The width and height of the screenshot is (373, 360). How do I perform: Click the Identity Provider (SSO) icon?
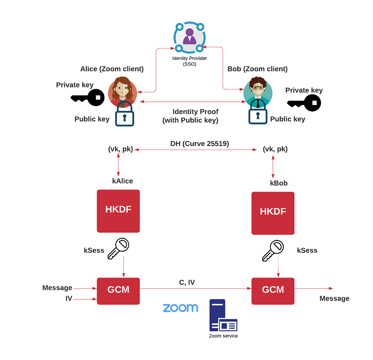coord(189,37)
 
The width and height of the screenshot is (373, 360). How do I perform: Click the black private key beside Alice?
coord(88,98)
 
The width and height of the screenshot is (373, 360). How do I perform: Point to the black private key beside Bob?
coord(304,103)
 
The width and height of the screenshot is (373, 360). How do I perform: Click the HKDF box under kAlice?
coord(118,211)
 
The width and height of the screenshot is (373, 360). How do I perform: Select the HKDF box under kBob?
coord(273,213)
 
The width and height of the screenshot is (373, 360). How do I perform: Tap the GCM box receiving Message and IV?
coord(118,291)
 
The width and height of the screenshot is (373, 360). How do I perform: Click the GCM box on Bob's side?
coord(273,291)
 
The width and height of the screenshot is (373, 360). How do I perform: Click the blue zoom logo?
coord(180,308)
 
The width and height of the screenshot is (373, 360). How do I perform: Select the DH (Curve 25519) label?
coord(200,144)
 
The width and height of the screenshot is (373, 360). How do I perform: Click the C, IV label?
coord(187,283)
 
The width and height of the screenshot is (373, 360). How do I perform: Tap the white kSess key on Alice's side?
coord(118,248)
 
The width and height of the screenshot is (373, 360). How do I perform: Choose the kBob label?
coord(279,183)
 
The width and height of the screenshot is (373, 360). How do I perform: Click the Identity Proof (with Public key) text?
coord(191,116)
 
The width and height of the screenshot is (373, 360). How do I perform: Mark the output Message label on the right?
coord(334,299)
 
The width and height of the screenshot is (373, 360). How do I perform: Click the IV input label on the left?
coord(69,299)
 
